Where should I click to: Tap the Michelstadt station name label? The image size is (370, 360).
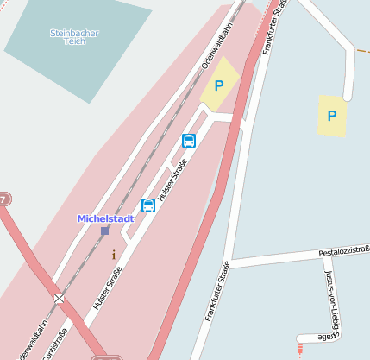click(x=105, y=218)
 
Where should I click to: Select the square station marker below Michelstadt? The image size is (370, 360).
click(x=105, y=231)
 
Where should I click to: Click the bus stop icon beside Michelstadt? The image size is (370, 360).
click(x=148, y=205)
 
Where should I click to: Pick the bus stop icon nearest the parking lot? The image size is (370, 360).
click(x=189, y=141)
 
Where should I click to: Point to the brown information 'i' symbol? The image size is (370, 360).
click(x=113, y=255)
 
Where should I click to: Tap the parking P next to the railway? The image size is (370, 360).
click(x=219, y=85)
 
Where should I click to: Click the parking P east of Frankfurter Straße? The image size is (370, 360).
click(x=332, y=116)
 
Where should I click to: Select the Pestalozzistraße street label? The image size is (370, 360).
click(x=344, y=252)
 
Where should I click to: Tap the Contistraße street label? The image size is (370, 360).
click(x=53, y=343)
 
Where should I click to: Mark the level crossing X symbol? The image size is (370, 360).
click(x=60, y=298)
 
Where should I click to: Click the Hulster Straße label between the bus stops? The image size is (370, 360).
click(x=172, y=174)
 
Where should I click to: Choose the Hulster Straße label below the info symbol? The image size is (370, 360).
click(x=105, y=287)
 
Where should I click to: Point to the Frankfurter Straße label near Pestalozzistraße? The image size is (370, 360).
click(x=216, y=290)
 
